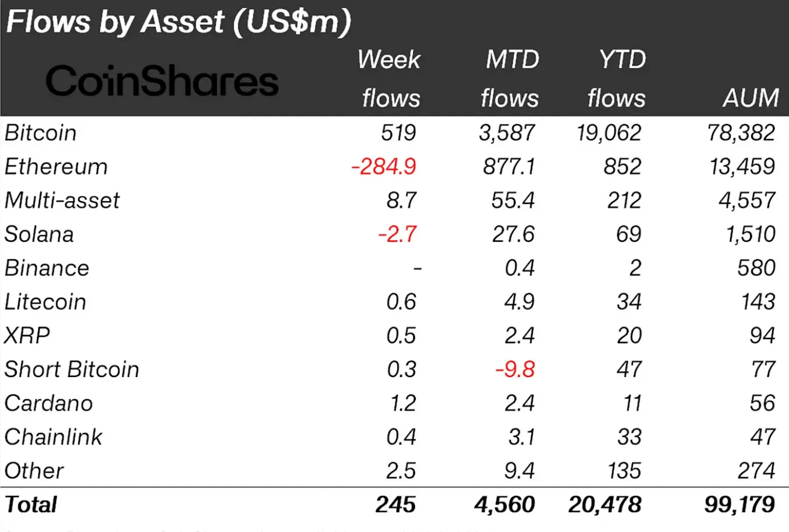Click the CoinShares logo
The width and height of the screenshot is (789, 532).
162,81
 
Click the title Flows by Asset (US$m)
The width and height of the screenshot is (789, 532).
178,22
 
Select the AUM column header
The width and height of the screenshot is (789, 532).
751,98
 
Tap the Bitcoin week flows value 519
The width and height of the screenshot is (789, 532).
399,133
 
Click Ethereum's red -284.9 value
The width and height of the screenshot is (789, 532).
384,167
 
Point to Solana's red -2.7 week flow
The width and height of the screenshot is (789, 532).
397,234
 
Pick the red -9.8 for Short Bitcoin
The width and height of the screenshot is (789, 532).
515,369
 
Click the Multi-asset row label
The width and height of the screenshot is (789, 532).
62,200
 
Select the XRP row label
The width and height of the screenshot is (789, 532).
27,336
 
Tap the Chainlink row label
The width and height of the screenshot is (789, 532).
53,437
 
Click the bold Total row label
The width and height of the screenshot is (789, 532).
31,505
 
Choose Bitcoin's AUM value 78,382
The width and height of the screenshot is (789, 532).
741,133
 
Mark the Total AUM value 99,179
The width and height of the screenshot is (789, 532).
740,505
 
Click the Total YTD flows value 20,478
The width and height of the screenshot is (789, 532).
605,505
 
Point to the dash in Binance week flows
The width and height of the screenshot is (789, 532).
417,269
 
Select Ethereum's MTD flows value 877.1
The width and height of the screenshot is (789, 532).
508,167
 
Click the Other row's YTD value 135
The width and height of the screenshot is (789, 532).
624,471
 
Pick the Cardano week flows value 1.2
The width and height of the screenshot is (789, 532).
403,403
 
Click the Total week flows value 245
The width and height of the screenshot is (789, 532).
395,505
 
